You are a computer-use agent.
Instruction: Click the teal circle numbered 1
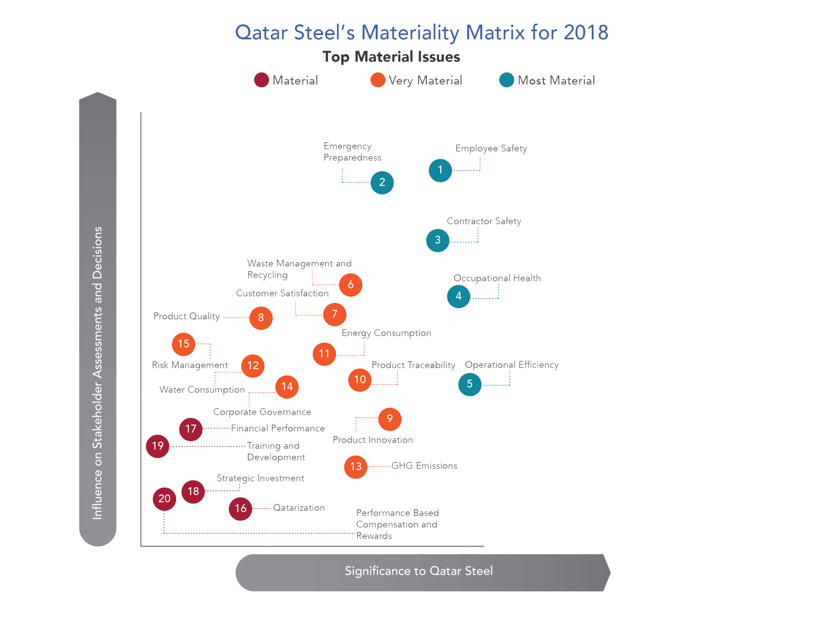tap(440, 170)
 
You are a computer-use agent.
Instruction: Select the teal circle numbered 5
tap(469, 384)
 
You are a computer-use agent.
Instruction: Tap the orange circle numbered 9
tap(389, 419)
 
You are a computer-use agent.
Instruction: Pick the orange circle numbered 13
tap(355, 467)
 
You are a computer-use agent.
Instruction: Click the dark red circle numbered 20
tap(164, 499)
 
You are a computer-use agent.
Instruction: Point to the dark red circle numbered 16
tap(240, 509)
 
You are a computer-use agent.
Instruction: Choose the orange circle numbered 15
tap(183, 344)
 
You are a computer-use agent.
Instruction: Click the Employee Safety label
tap(491, 149)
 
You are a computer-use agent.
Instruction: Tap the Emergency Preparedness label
tap(352, 151)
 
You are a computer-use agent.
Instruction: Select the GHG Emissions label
tap(424, 466)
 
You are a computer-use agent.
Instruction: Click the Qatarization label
tap(299, 508)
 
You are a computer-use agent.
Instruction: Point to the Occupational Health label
tap(497, 278)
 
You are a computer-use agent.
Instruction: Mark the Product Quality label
tap(186, 316)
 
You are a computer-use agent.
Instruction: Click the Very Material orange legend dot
tap(378, 80)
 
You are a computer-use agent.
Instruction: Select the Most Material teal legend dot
tap(506, 80)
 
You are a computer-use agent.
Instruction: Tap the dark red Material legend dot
tap(261, 80)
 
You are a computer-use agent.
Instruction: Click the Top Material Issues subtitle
tap(391, 57)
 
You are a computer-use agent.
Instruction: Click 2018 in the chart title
tap(585, 32)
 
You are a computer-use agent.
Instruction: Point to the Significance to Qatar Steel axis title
tap(418, 571)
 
